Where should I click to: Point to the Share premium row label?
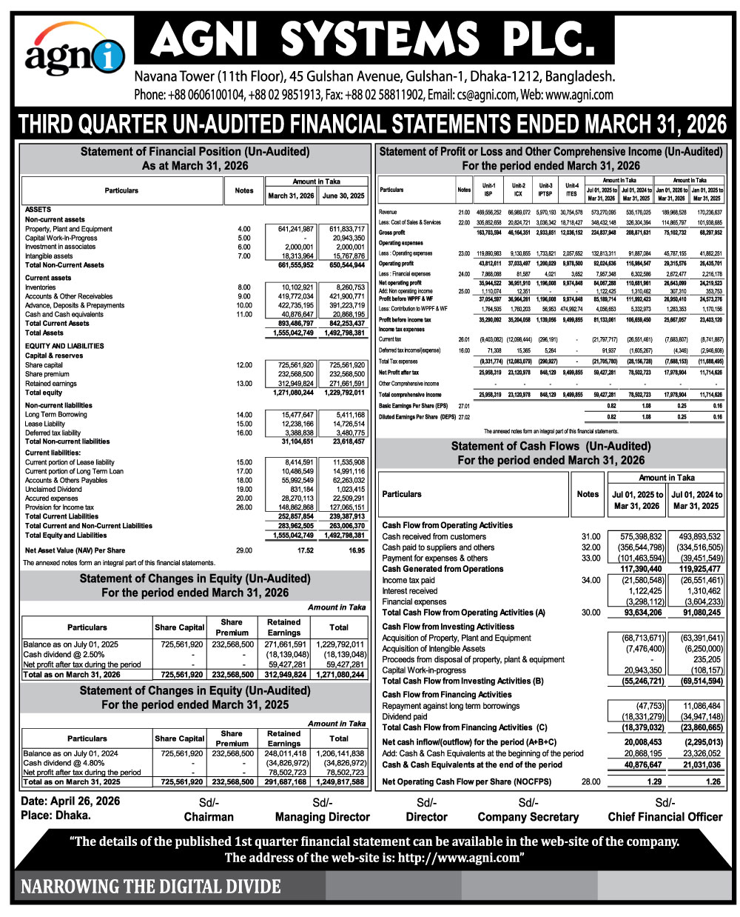tap(47, 374)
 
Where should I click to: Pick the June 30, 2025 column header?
tap(343, 196)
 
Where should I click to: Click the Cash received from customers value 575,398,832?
tap(634, 536)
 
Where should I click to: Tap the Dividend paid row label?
tap(405, 717)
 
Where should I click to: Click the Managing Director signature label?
tap(322, 817)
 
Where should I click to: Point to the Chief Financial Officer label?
tap(665, 817)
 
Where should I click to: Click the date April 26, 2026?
tap(70, 801)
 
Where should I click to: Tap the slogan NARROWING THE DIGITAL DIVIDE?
tap(151, 886)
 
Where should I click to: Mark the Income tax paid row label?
tap(408, 580)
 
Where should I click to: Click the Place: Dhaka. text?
tap(56, 815)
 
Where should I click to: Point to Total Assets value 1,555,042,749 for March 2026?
tap(290, 333)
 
